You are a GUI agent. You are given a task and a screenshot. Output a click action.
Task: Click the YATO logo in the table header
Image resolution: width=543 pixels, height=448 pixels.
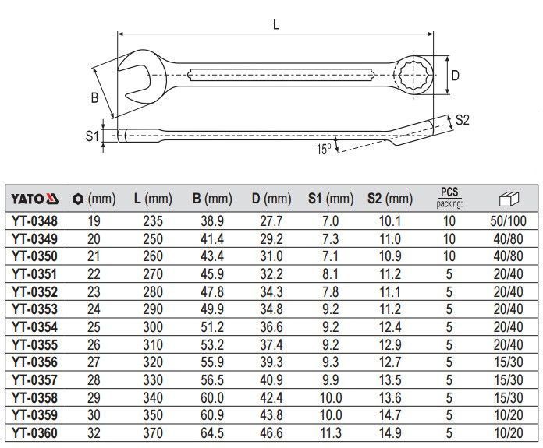coord(34,199)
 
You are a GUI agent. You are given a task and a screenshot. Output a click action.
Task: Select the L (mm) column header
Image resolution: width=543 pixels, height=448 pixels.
coord(153,199)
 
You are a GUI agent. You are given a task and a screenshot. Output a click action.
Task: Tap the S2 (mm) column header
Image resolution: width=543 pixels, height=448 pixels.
coord(389,199)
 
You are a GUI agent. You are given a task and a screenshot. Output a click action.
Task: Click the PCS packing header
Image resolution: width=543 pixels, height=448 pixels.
coord(449,198)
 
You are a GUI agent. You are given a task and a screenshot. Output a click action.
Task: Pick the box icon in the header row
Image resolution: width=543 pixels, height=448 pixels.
coord(509,199)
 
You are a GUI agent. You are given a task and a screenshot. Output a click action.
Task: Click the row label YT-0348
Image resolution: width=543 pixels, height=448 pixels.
coord(34,221)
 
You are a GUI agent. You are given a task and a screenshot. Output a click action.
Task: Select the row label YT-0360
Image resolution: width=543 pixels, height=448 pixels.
coord(34,432)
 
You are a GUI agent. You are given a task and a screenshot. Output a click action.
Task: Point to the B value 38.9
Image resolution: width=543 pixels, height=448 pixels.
coord(212,221)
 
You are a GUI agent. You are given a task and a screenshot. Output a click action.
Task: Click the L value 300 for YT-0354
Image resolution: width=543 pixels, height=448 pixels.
coord(153,327)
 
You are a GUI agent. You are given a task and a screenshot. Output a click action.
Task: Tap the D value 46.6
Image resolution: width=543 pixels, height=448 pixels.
coord(271,432)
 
